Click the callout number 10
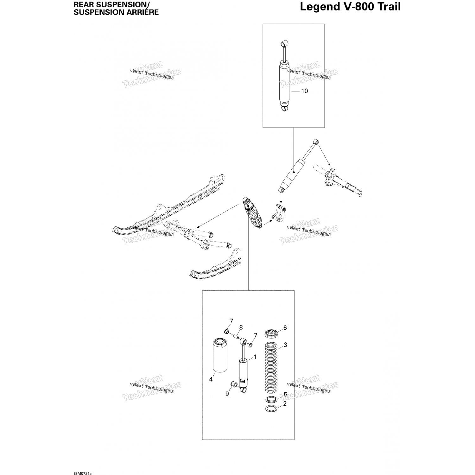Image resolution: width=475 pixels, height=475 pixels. tap(304, 91)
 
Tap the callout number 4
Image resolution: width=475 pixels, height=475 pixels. tap(211, 379)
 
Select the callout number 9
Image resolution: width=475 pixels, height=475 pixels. tap(227, 394)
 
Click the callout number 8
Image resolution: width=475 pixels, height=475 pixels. tap(241, 327)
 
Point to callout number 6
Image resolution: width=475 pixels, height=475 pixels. tap(285, 328)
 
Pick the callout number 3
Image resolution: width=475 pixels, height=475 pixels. tap(285, 345)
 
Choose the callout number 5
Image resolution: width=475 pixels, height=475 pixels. tap(285, 395)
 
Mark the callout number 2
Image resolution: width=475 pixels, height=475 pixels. tap(285, 404)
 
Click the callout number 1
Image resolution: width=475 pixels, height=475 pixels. tap(255, 357)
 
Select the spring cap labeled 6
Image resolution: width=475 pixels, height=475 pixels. tap(271, 334)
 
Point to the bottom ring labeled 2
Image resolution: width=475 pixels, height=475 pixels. tap(271, 409)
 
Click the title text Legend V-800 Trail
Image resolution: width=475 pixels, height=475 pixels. tap(350, 7)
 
